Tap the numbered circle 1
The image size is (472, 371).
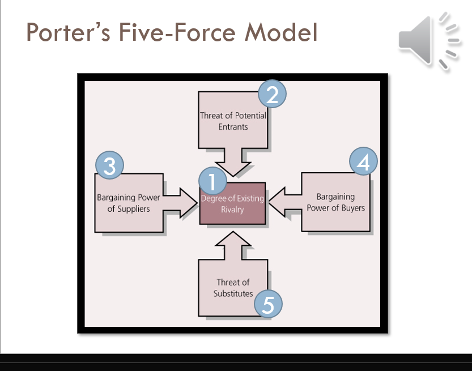(x=212, y=182)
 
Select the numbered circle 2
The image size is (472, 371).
(x=272, y=95)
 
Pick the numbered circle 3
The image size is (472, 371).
(x=110, y=166)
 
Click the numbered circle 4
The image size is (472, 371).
(x=364, y=163)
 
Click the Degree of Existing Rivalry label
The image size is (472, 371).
(x=232, y=204)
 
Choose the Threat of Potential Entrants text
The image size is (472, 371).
(x=233, y=121)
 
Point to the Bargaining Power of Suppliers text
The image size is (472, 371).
(x=128, y=203)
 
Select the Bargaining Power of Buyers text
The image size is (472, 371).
(x=335, y=202)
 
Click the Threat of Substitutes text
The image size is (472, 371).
(x=233, y=288)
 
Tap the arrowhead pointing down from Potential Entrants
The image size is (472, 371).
(x=232, y=169)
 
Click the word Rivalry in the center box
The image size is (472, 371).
(x=232, y=210)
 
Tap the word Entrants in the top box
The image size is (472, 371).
(x=233, y=127)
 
